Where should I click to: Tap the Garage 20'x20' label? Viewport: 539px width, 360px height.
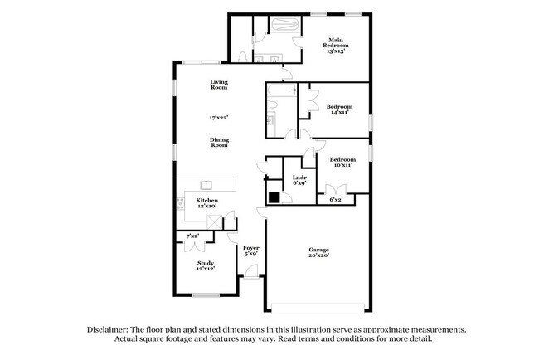point(320,253)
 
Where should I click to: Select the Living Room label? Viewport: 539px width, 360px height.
point(219,84)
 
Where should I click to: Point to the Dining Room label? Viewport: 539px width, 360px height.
point(219,142)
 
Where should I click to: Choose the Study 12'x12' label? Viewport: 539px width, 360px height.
point(206,265)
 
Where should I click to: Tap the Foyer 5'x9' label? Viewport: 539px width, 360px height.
point(250,251)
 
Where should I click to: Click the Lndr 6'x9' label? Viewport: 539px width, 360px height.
point(299,180)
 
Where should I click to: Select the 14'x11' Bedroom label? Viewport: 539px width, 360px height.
point(339,109)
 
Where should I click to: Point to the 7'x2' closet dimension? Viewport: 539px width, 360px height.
point(192,236)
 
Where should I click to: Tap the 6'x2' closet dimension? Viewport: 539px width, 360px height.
point(337,200)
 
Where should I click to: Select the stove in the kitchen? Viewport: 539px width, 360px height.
point(180,203)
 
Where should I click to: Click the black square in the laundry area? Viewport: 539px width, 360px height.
point(274,197)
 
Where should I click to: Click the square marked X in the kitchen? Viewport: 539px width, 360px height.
point(213,221)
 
